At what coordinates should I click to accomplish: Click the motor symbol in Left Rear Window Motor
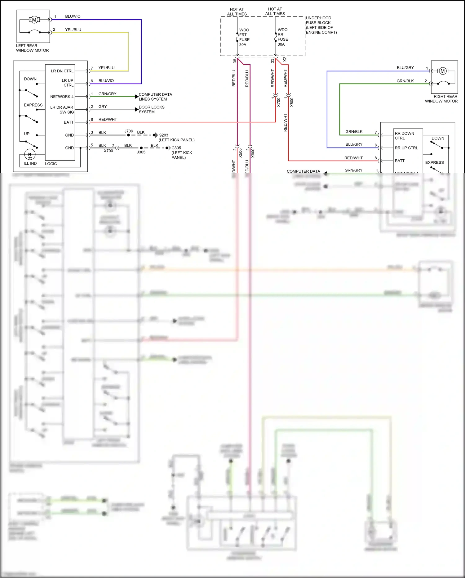pyautogui.click(x=34, y=20)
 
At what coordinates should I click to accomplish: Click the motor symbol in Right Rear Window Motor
pyautogui.click(x=442, y=71)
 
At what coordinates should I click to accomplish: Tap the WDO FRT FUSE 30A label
pyautogui.click(x=244, y=37)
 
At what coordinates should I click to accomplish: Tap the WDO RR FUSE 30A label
pyautogui.click(x=283, y=37)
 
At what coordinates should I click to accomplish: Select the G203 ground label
pyautogui.click(x=163, y=135)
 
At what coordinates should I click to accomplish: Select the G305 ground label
pyautogui.click(x=176, y=148)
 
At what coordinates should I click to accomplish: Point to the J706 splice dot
pyautogui.click(x=128, y=135)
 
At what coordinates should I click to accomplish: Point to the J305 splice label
pyautogui.click(x=141, y=152)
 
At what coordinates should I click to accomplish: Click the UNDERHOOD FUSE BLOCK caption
pyautogui.click(x=321, y=25)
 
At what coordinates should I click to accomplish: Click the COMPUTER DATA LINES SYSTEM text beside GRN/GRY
pyautogui.click(x=155, y=97)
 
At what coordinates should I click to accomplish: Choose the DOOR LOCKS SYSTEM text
pyautogui.click(x=151, y=109)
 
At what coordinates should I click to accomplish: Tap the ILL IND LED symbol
pyautogui.click(x=30, y=154)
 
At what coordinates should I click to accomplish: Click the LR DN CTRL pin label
pyautogui.click(x=62, y=71)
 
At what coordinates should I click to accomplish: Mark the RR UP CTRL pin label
pyautogui.click(x=406, y=148)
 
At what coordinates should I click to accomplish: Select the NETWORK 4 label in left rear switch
pyautogui.click(x=62, y=97)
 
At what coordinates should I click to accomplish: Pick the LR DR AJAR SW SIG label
pyautogui.click(x=62, y=110)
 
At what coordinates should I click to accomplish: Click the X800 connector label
pyautogui.click(x=292, y=102)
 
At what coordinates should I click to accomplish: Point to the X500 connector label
pyautogui.click(x=241, y=153)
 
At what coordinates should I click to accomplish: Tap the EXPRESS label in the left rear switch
pyautogui.click(x=33, y=105)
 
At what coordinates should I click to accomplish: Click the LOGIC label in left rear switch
pyautogui.click(x=51, y=164)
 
